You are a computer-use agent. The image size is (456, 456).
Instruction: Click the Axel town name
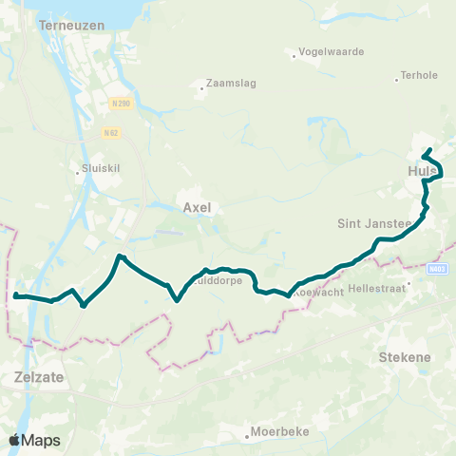click(x=196, y=206)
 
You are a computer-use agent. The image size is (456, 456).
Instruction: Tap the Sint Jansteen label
click(x=373, y=224)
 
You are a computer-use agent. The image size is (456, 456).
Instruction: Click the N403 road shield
click(x=437, y=269)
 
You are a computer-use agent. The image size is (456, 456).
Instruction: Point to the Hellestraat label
click(x=377, y=284)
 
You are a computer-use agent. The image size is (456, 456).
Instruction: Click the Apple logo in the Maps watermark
click(x=14, y=440)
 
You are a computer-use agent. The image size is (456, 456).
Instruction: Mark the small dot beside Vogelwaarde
click(x=294, y=55)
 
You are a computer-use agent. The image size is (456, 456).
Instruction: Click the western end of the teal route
click(x=15, y=295)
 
